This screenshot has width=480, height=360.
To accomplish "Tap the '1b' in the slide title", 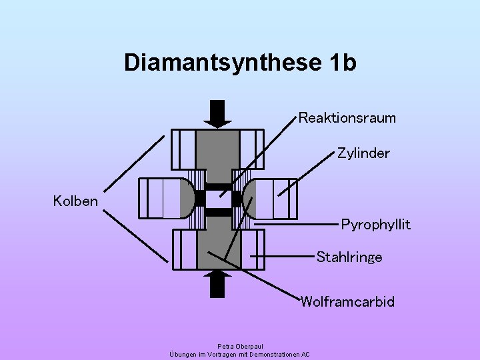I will (x=343, y=63).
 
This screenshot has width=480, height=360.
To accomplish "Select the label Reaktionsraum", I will (x=347, y=118).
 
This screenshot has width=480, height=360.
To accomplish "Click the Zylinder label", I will (x=363, y=153).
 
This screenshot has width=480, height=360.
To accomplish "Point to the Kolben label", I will (x=75, y=201).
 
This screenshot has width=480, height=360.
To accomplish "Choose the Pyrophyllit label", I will (x=375, y=224).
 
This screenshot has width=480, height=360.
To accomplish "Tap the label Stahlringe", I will (x=349, y=257).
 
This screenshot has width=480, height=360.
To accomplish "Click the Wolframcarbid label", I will (x=347, y=302).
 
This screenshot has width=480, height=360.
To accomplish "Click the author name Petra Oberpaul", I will (x=240, y=346).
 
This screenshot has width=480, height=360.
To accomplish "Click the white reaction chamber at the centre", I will (x=217, y=199).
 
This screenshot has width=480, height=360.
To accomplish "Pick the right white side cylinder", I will (x=274, y=199).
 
